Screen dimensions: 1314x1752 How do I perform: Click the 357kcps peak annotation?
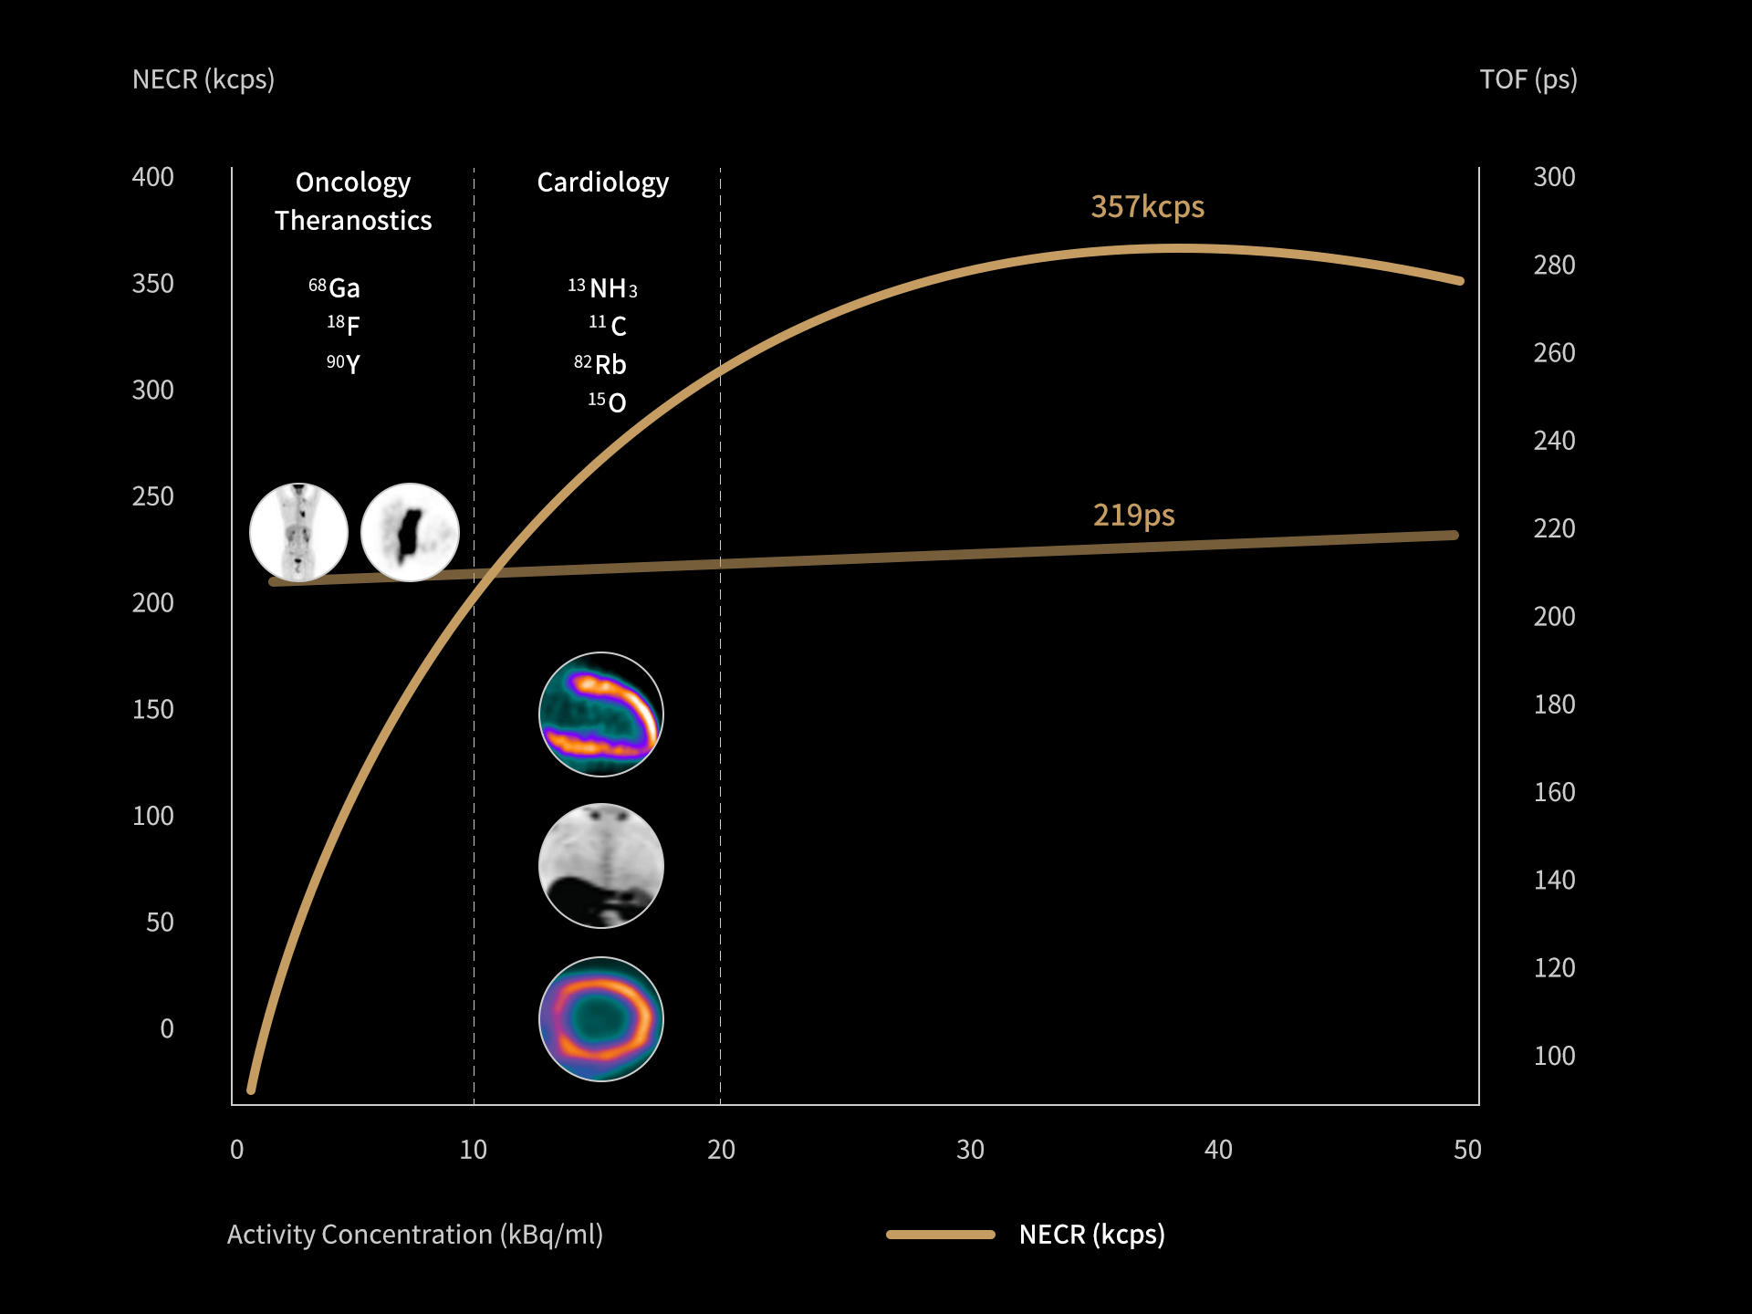[1147, 207]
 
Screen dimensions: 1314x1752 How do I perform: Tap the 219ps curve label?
[1133, 516]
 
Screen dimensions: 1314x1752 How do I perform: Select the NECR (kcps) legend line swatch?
[940, 1235]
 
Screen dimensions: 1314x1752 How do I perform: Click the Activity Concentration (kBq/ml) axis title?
[414, 1235]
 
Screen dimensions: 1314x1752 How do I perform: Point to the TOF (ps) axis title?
[1528, 80]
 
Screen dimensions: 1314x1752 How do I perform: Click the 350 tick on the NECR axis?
[152, 284]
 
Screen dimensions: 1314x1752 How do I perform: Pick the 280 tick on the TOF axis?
[1554, 266]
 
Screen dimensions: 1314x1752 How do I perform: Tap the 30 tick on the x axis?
[970, 1150]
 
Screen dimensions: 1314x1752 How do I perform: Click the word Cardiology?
[602, 183]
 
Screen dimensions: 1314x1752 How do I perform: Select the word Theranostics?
[353, 221]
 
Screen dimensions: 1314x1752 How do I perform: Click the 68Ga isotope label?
[335, 288]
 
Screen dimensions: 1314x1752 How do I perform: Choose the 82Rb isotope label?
[600, 365]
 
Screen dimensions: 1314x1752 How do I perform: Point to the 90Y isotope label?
[343, 364]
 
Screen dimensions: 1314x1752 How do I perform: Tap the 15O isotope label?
[608, 402]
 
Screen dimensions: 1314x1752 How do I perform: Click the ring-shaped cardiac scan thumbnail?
[601, 1018]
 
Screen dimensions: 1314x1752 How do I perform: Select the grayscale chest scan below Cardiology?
[601, 865]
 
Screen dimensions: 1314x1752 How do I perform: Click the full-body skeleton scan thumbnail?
[298, 532]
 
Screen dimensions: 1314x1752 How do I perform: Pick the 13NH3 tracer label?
[602, 288]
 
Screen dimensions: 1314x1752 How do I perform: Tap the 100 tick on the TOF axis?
[1554, 1057]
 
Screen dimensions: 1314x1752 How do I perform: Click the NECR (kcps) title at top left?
[203, 80]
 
